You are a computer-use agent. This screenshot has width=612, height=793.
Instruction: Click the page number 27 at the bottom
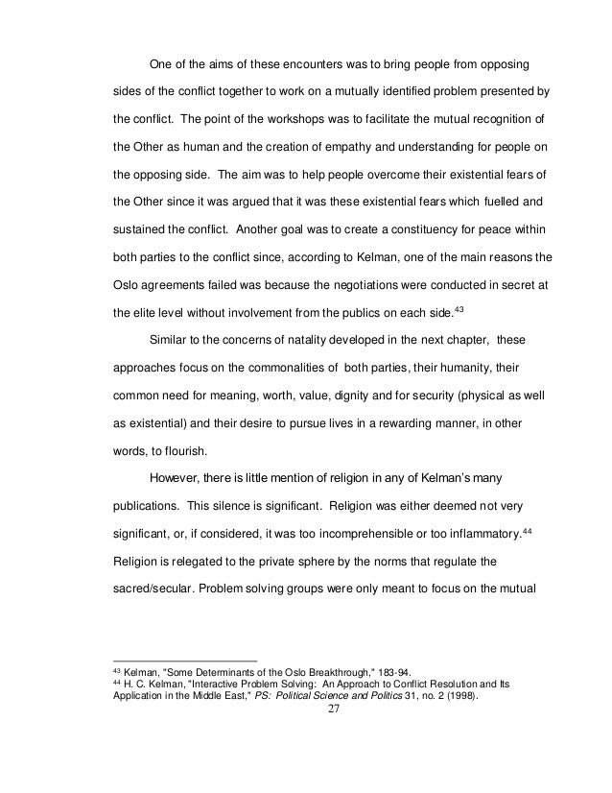coord(305,711)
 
